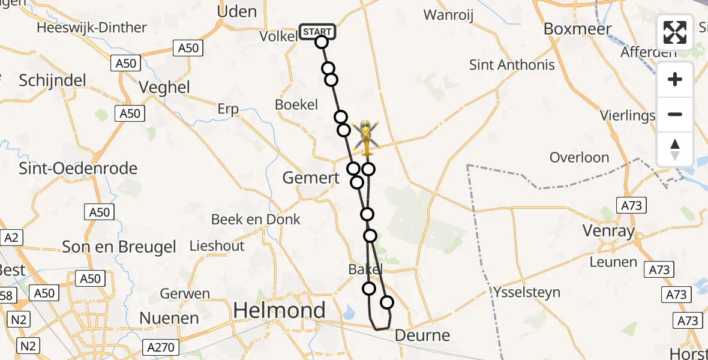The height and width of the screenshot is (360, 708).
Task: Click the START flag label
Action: click(x=317, y=32)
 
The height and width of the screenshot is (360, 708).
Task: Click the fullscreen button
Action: click(x=675, y=32)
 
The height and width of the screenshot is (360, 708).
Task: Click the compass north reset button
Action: click(x=675, y=149)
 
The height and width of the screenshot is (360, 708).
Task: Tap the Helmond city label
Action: click(x=279, y=310)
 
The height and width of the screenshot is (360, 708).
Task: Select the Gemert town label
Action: click(x=311, y=178)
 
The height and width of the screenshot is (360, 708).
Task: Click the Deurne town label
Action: click(x=422, y=335)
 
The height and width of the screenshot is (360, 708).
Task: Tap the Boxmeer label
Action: click(x=577, y=29)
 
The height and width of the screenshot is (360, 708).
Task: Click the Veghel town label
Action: click(x=164, y=88)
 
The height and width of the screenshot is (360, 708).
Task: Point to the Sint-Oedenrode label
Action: click(x=78, y=168)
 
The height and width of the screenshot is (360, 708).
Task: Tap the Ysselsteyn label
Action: click(x=527, y=292)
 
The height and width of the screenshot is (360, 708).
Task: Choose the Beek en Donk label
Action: click(x=256, y=219)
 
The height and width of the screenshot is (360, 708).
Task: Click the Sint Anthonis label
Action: click(x=512, y=65)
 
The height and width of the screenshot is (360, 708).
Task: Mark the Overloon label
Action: click(x=579, y=158)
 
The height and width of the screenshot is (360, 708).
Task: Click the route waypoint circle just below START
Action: click(x=322, y=42)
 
